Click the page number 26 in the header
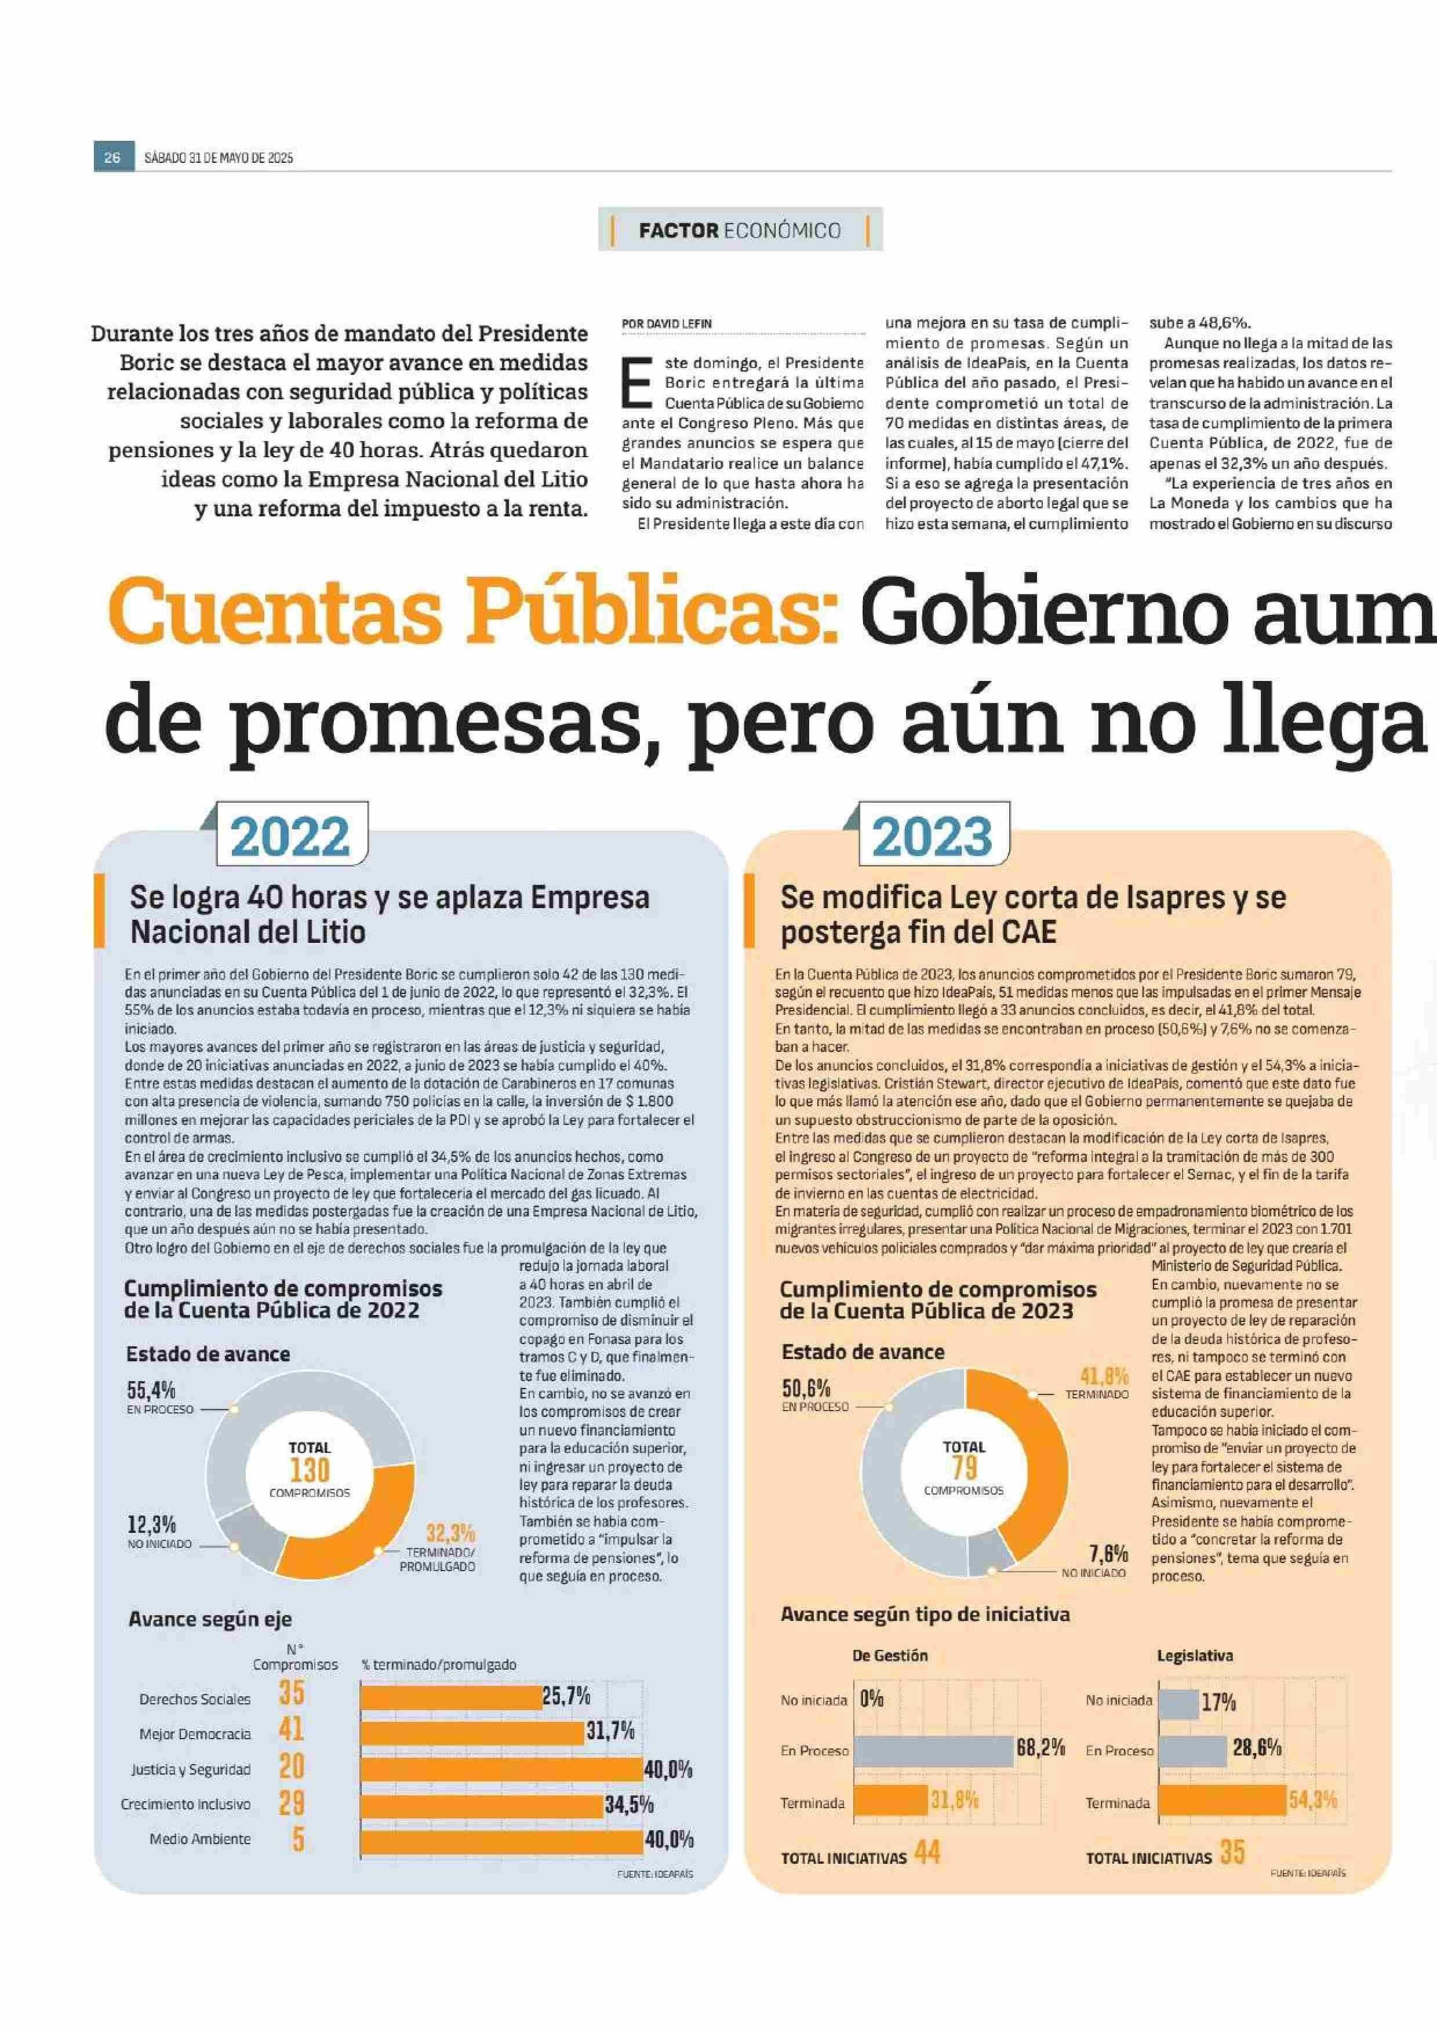click(112, 158)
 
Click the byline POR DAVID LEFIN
click(666, 324)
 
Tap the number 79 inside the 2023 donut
click(963, 1468)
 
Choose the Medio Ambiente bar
click(501, 1839)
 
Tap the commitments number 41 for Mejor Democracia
click(292, 1728)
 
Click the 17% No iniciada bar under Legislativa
click(1177, 1700)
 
